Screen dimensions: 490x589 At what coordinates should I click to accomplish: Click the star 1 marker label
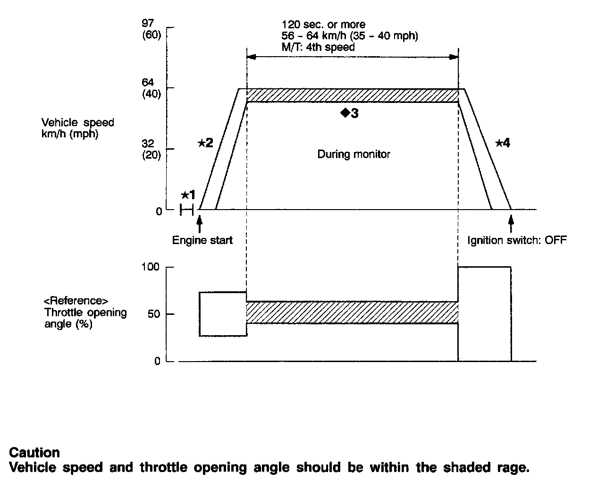pos(188,195)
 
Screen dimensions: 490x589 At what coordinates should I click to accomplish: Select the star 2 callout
pos(205,143)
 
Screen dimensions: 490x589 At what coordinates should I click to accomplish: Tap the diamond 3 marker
pos(350,113)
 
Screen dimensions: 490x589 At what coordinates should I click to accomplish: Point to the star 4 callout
pos(503,143)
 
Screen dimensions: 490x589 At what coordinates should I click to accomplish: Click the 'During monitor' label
pos(353,154)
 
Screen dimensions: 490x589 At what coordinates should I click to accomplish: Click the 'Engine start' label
pos(202,240)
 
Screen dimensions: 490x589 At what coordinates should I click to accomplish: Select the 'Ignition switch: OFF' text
pos(517,240)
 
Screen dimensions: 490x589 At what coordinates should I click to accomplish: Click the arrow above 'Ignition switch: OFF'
pos(511,221)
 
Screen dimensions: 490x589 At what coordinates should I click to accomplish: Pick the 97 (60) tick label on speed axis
pos(151,29)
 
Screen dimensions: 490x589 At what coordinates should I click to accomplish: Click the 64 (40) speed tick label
pos(151,88)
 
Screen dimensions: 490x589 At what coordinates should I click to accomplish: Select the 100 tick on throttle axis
pos(151,267)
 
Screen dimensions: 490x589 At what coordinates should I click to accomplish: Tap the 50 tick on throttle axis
pos(154,314)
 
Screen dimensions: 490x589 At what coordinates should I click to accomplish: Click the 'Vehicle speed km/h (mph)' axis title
pos(78,128)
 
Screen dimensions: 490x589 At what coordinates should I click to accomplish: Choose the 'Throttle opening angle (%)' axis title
pos(85,313)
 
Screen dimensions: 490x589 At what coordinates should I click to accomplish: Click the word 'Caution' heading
pos(34,453)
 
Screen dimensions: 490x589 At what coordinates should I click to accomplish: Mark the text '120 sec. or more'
pos(323,25)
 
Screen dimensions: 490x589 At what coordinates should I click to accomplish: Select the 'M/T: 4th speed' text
pos(318,47)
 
